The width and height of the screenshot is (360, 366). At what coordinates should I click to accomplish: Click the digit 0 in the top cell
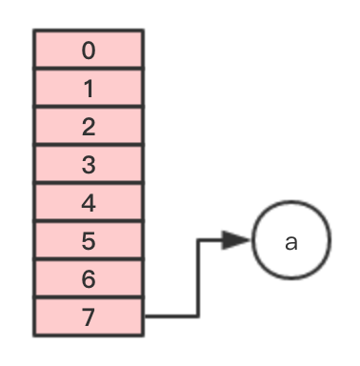pyautogui.click(x=89, y=51)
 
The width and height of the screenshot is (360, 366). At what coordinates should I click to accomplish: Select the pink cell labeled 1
pyautogui.click(x=89, y=88)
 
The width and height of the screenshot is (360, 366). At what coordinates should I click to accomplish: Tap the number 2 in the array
pyautogui.click(x=89, y=127)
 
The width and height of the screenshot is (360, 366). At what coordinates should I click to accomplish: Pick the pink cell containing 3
pyautogui.click(x=89, y=164)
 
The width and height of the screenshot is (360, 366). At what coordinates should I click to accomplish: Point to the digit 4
pyautogui.click(x=89, y=203)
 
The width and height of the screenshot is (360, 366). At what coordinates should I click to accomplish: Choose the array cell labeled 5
pyautogui.click(x=89, y=240)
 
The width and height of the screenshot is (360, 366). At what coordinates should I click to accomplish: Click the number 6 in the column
pyautogui.click(x=89, y=279)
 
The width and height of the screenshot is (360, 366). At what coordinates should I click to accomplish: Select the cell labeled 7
pyautogui.click(x=89, y=316)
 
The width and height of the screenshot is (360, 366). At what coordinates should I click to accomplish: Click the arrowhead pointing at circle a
pyautogui.click(x=236, y=240)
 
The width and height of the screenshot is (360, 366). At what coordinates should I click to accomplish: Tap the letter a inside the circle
pyautogui.click(x=291, y=243)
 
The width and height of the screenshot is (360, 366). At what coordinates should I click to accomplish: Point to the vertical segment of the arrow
pyautogui.click(x=198, y=278)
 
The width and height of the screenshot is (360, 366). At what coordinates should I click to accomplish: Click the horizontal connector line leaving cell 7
pyautogui.click(x=171, y=316)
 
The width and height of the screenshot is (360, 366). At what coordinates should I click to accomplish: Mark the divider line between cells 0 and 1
pyautogui.click(x=89, y=69)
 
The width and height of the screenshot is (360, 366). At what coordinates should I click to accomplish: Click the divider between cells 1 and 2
pyautogui.click(x=89, y=107)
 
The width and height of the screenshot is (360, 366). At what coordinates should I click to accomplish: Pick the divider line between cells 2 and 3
pyautogui.click(x=89, y=145)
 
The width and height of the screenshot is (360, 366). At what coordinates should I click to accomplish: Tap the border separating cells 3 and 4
pyautogui.click(x=89, y=183)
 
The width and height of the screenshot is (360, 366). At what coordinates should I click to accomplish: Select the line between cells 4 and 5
pyautogui.click(x=89, y=221)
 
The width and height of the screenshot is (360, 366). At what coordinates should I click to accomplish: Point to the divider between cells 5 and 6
pyautogui.click(x=89, y=259)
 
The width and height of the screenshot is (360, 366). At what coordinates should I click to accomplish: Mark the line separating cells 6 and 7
pyautogui.click(x=89, y=297)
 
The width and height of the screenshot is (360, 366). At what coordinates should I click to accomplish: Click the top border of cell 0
pyautogui.click(x=89, y=30)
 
